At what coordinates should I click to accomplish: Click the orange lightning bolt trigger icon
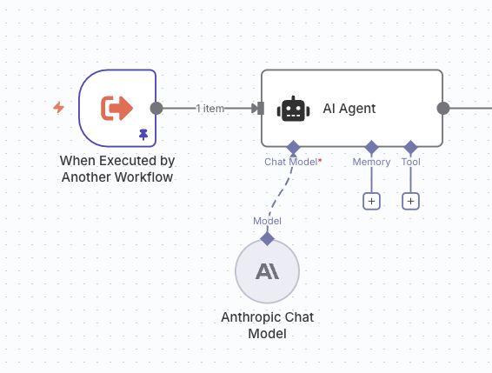click(59, 108)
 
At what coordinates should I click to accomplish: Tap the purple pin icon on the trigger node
click(143, 135)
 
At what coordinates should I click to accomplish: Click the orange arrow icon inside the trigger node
click(116, 109)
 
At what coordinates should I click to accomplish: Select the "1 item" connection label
click(209, 109)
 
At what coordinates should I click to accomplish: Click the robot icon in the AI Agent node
click(293, 109)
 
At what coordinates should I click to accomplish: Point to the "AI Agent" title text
click(349, 109)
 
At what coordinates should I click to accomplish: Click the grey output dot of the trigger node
click(156, 109)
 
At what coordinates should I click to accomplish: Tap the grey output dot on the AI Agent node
click(443, 109)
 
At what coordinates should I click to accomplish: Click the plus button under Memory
click(371, 201)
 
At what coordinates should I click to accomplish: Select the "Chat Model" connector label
click(291, 162)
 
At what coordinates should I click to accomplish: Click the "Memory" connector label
click(371, 162)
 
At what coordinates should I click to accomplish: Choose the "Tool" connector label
click(411, 162)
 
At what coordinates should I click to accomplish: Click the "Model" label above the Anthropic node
click(268, 221)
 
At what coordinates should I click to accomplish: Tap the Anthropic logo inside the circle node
click(268, 271)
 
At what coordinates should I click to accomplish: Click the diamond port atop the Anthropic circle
click(268, 238)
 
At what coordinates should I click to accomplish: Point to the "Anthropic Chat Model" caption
click(268, 325)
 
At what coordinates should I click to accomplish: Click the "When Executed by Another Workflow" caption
click(117, 169)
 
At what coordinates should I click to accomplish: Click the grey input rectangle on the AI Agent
click(261, 109)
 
